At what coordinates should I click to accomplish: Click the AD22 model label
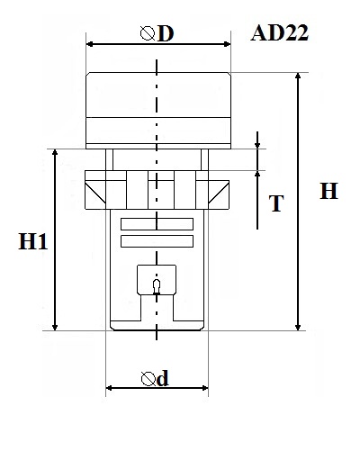tap(279, 33)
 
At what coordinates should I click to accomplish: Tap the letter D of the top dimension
tap(166, 33)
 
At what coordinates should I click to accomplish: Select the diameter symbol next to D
tap(148, 33)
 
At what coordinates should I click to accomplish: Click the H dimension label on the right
tap(328, 191)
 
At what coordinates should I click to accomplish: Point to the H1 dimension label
tap(33, 241)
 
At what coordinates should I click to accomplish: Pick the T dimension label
tap(276, 203)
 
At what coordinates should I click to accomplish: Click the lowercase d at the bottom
tap(163, 379)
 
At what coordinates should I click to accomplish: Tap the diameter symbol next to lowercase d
tap(148, 379)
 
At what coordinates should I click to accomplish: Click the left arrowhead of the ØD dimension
tap(90, 44)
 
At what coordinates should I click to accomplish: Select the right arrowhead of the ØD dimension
tap(227, 44)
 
